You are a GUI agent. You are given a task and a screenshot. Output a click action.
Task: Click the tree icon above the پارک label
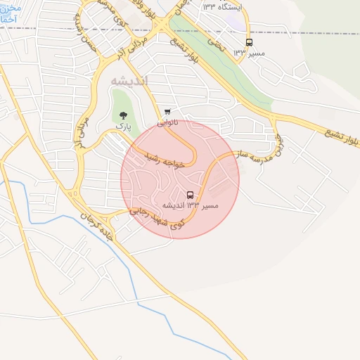tap(124, 115)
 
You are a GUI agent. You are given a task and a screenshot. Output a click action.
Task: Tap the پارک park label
tap(124, 127)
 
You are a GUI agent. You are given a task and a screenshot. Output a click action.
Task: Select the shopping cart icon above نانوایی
tap(167, 112)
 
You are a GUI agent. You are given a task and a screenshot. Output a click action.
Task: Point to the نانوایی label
tap(167, 122)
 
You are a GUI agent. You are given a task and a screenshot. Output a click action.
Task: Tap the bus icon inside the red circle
tap(190, 195)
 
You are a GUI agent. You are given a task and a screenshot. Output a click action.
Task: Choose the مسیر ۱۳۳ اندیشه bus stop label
tap(191, 205)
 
